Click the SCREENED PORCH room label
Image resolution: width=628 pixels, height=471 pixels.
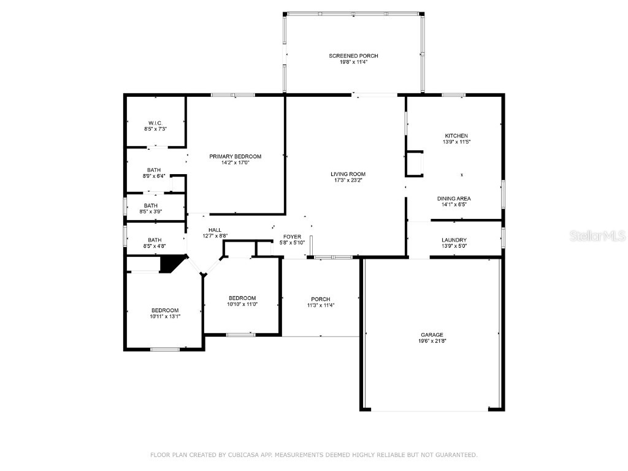pos(353,56)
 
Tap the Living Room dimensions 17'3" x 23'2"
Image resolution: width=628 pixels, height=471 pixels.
pos(348,180)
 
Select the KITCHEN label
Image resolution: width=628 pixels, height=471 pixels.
pos(456,136)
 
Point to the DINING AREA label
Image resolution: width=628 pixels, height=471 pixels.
pos(454,198)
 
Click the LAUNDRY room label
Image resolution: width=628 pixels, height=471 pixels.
pos(454,240)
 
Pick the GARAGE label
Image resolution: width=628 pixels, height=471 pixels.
pos(432,335)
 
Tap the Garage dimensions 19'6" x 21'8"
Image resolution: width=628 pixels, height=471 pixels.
pos(432,341)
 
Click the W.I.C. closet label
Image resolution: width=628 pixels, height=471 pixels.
pos(155,123)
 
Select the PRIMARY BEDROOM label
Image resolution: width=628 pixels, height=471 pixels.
pos(235,156)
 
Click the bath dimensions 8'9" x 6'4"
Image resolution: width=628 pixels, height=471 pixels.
pos(154,176)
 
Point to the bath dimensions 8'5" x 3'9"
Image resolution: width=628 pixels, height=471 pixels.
pos(151,212)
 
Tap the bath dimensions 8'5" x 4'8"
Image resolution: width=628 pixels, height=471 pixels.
pos(154,247)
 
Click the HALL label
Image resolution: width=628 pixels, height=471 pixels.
pos(215,230)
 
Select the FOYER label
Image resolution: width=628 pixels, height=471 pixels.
pos(292,237)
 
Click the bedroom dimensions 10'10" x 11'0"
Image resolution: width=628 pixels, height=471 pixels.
pos(242,304)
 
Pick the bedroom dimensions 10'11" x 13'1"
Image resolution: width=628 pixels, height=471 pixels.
pos(165,316)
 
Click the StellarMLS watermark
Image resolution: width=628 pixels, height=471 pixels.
pos(597,235)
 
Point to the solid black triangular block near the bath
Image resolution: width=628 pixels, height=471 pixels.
pos(170,264)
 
